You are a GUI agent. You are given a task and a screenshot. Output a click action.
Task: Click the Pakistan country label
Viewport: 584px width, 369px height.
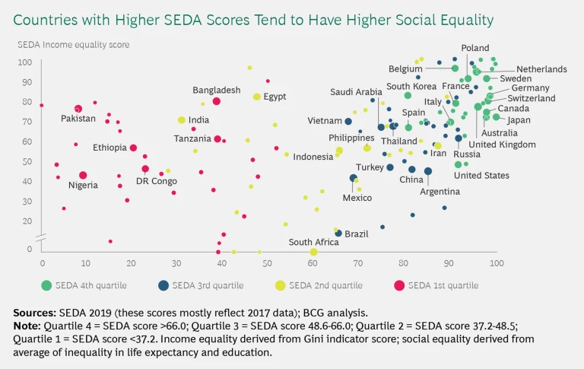[78, 119]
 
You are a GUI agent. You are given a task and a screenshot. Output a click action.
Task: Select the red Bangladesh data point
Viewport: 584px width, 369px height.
[217, 101]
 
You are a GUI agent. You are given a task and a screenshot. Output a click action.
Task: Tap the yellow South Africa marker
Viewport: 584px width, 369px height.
[313, 252]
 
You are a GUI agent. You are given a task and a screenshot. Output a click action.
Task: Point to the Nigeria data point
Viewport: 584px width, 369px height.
[83, 175]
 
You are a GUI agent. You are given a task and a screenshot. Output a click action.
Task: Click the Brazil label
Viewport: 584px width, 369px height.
[357, 234]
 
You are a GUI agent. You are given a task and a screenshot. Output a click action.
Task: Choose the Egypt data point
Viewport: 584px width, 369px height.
[257, 97]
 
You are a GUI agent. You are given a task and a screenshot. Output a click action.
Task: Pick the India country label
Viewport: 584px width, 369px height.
[198, 120]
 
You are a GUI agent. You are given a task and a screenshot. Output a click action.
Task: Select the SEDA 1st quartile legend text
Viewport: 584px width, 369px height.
[443, 285]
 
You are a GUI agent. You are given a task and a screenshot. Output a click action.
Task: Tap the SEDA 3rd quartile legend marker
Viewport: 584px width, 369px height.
[163, 285]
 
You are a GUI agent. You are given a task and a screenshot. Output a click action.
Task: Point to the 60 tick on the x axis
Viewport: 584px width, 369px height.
[313, 262]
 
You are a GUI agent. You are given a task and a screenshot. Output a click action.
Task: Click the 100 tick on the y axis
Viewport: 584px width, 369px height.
[24, 62]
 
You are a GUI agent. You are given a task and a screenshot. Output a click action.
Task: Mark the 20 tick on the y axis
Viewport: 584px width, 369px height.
[27, 221]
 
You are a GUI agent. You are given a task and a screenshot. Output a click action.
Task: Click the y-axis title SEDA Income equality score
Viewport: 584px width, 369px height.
[74, 45]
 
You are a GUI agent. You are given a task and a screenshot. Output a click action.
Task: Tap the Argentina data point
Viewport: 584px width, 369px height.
[428, 171]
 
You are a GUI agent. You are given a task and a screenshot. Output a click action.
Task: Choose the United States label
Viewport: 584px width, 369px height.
[481, 176]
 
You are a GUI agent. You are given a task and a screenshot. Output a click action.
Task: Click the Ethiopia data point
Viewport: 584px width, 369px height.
[133, 148]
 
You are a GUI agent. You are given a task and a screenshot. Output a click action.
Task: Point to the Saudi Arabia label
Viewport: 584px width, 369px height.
[356, 93]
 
